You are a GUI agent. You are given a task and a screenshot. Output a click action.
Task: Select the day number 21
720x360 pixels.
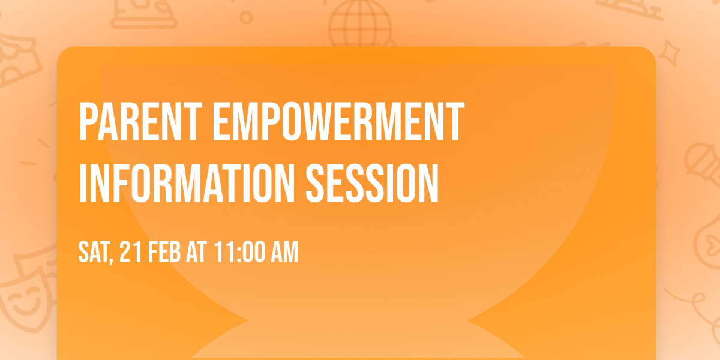click(130, 253)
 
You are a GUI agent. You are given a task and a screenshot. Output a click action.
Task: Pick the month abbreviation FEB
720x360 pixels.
click(164, 253)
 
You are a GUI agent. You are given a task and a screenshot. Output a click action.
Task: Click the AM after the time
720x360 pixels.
click(284, 253)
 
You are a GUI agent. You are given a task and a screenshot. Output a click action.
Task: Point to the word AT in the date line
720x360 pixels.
click(196, 253)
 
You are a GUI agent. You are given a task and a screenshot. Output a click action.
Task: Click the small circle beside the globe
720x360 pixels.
click(245, 17)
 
